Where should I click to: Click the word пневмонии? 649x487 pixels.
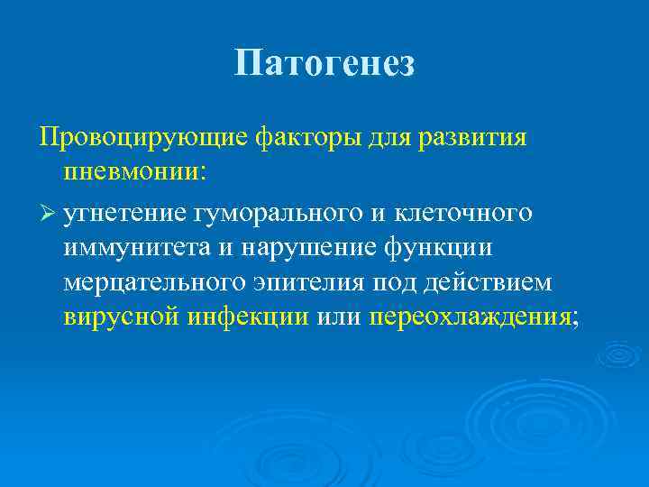click(x=129, y=173)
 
